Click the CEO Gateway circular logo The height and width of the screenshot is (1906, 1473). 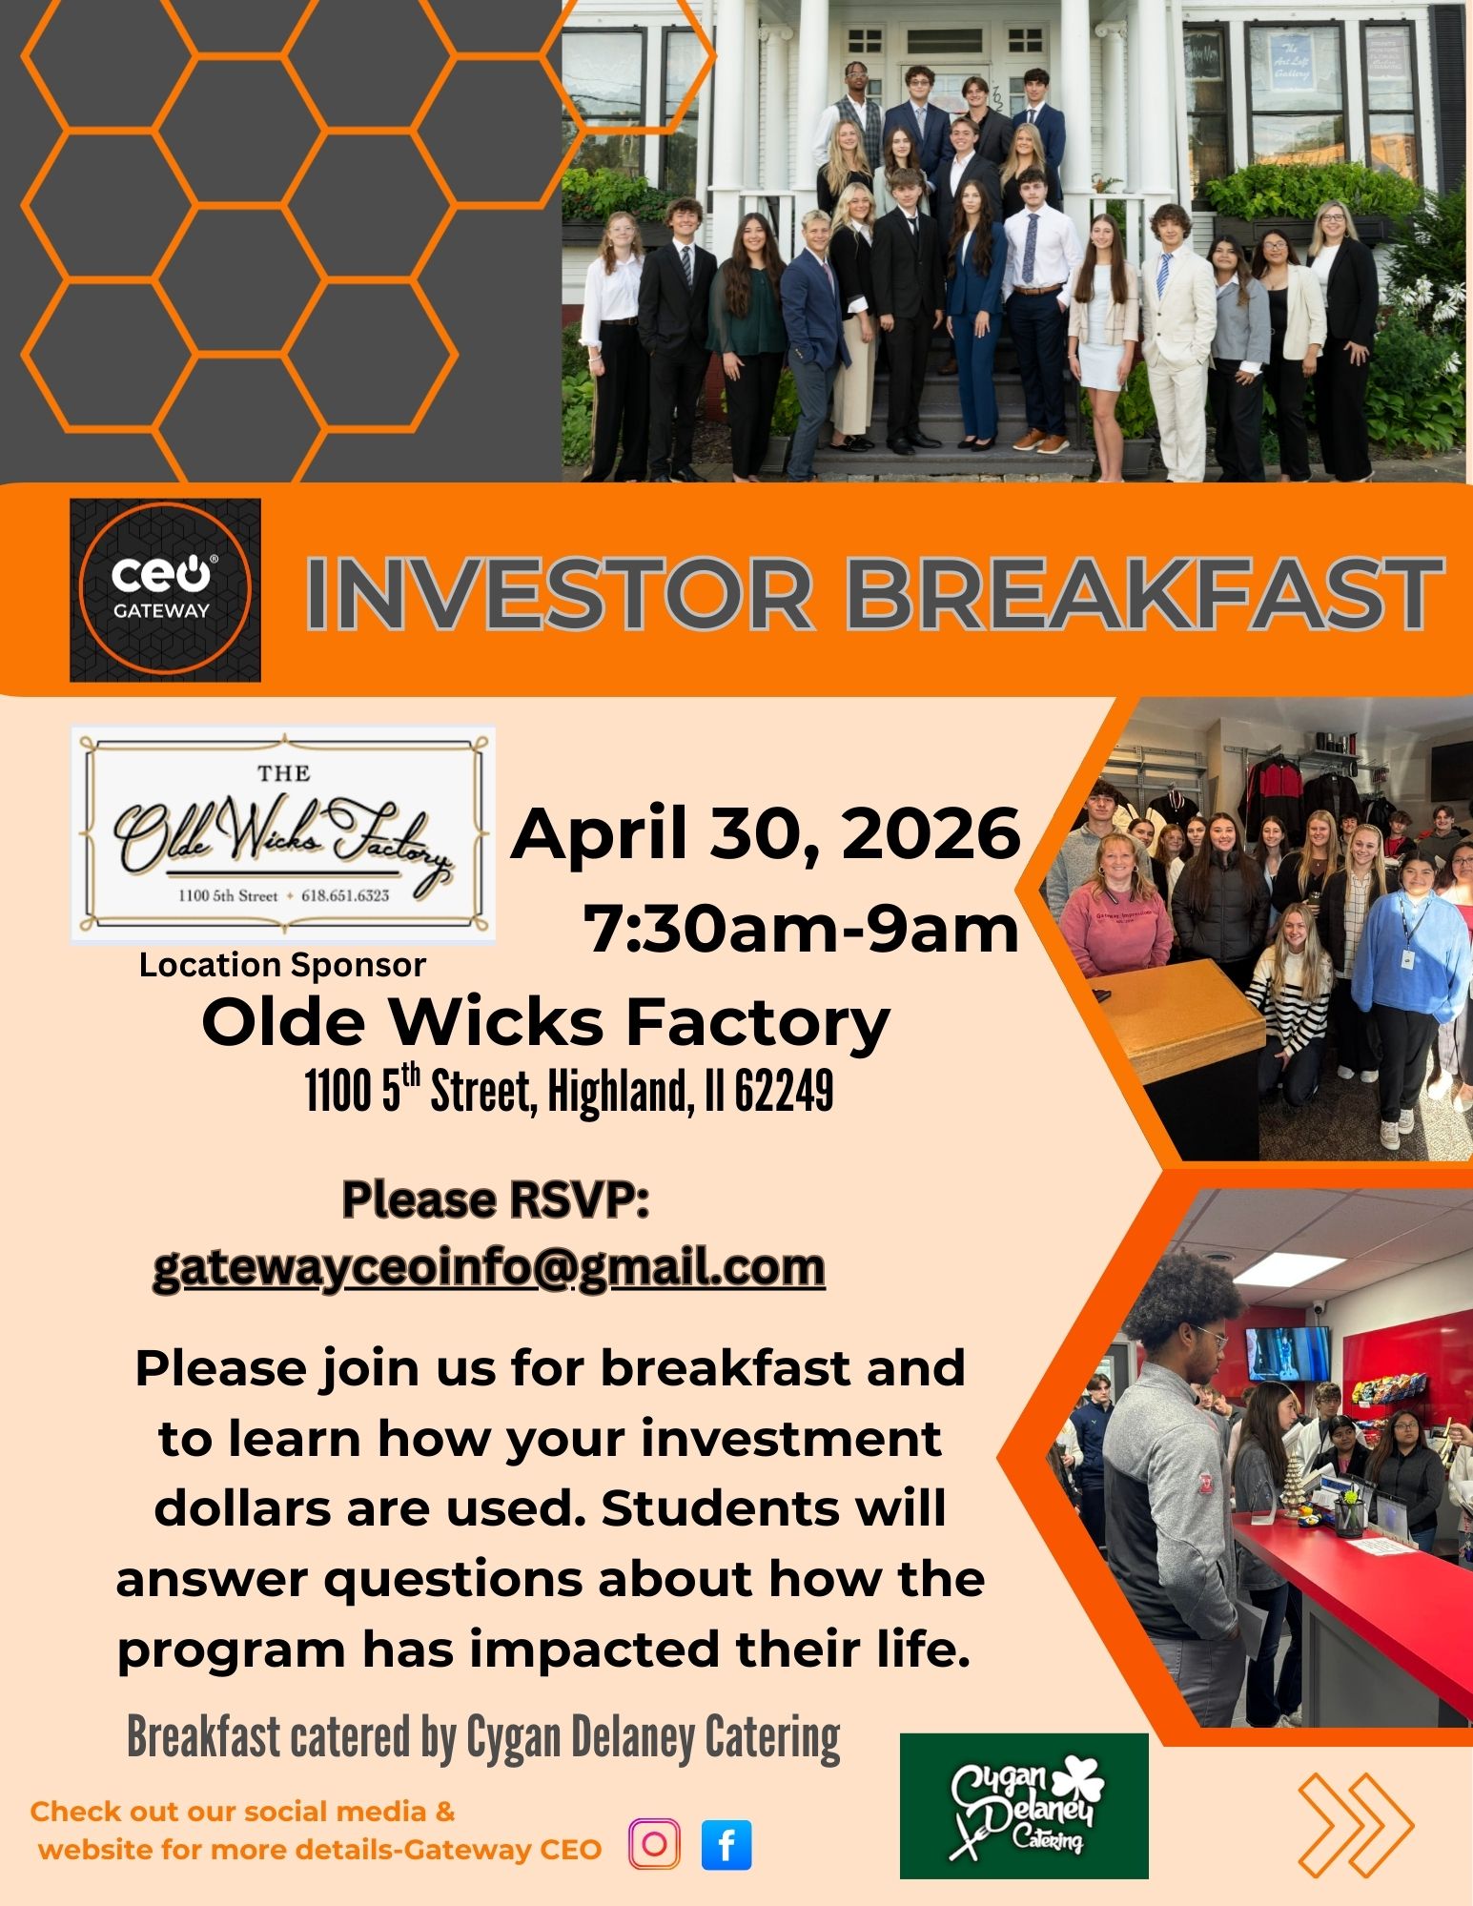tap(165, 589)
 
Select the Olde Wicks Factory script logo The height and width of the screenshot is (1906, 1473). tap(283, 835)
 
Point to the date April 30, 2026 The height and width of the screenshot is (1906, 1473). tap(766, 833)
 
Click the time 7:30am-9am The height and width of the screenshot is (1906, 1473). tap(801, 929)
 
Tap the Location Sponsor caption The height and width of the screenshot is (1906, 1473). tap(282, 965)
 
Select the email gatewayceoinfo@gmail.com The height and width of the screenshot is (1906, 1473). tap(489, 1267)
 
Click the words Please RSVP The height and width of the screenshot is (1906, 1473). tap(495, 1199)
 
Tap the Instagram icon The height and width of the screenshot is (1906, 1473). tap(654, 1843)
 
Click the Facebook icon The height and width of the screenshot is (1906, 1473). tap(726, 1844)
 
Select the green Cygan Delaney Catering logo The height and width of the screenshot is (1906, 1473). tap(1024, 1805)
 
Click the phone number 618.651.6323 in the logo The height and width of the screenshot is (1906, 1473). tap(345, 895)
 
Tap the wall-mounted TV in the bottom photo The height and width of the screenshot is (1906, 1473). tap(1286, 1354)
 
